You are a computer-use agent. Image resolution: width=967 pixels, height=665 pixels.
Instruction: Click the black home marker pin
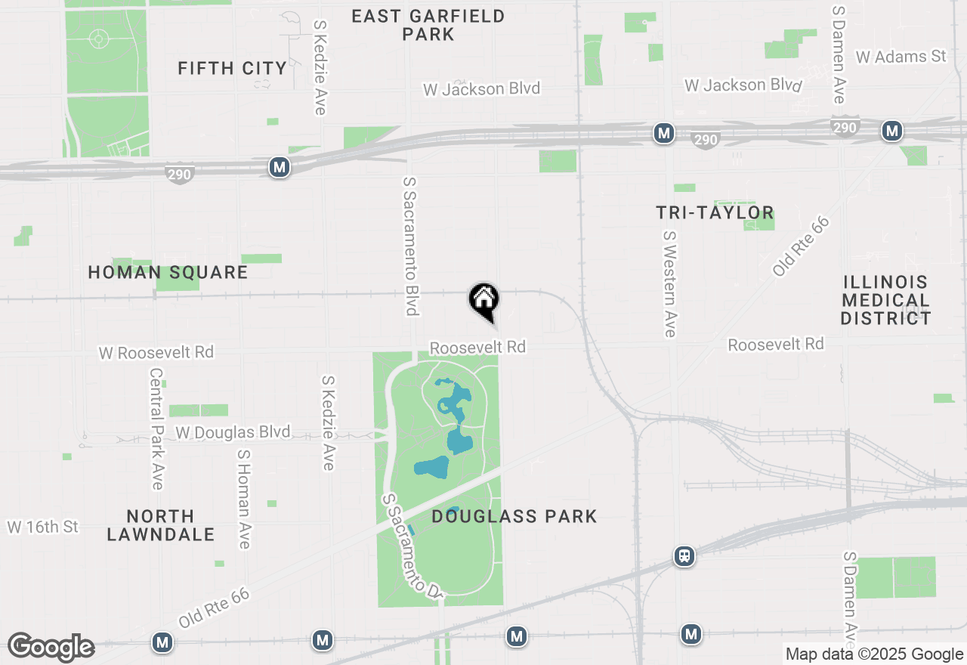click(483, 301)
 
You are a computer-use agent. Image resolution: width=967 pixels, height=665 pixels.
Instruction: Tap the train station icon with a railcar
click(684, 557)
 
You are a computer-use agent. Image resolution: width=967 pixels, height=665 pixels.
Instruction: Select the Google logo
click(51, 647)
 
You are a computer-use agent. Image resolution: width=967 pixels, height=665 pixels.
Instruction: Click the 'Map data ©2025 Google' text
click(874, 654)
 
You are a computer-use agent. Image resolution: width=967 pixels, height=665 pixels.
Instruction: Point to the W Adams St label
click(901, 57)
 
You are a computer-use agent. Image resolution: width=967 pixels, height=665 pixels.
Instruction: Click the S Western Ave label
click(669, 284)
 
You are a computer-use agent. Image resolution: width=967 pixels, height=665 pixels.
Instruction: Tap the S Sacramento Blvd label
click(411, 246)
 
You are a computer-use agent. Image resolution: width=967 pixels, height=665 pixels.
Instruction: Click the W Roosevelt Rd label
click(156, 352)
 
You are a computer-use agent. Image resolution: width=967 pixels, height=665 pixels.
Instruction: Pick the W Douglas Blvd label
click(233, 432)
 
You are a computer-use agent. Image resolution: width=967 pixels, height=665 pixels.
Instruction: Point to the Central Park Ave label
click(156, 428)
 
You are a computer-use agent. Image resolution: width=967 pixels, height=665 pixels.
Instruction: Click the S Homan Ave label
click(243, 500)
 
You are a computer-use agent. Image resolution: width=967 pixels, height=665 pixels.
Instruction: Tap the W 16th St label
click(42, 527)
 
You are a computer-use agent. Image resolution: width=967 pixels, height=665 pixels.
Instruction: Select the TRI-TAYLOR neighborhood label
click(715, 213)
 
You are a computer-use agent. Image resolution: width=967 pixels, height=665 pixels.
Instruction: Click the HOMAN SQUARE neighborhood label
click(168, 272)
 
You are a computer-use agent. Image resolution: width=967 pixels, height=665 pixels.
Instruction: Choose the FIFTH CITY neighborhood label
click(232, 68)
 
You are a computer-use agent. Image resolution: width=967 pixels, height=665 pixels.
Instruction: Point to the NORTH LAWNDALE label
click(160, 525)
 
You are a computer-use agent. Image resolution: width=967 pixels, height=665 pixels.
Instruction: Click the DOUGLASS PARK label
click(514, 516)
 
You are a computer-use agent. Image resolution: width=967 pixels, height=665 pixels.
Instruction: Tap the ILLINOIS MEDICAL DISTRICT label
click(885, 300)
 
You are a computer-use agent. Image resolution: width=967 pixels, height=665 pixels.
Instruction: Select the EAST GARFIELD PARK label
click(428, 25)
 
